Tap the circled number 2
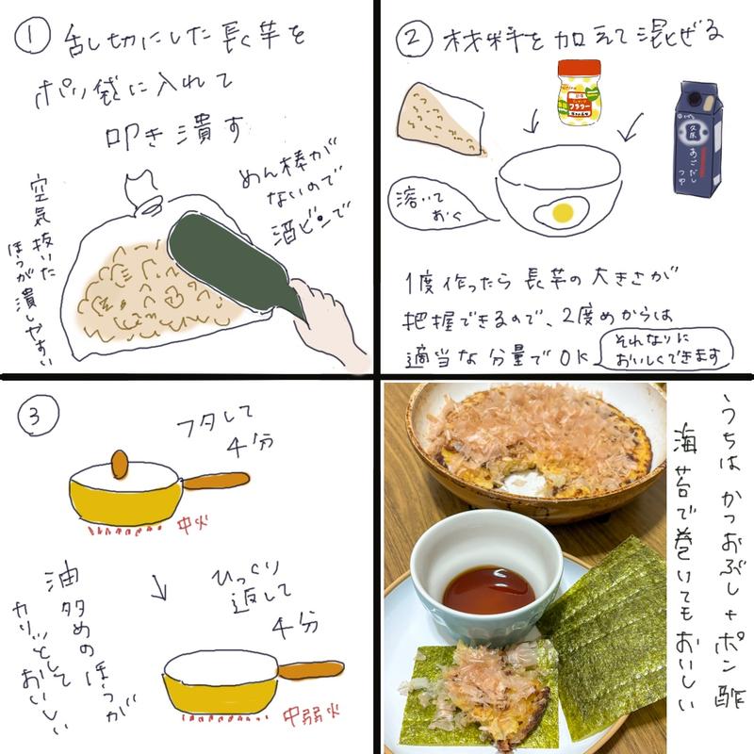pos(411,40)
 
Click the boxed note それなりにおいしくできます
pos(651,350)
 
